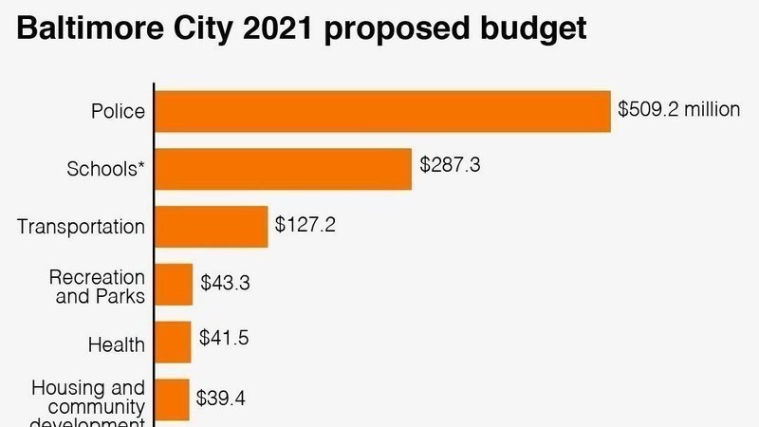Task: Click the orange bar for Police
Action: [x=381, y=111]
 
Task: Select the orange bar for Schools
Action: [x=283, y=169]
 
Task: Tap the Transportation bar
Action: [x=211, y=227]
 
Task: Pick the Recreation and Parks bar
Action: [x=174, y=285]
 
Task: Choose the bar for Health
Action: [x=173, y=342]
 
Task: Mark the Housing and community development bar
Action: [x=172, y=399]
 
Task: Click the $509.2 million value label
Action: [x=678, y=108]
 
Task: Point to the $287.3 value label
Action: [x=451, y=165]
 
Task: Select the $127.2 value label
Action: [x=305, y=225]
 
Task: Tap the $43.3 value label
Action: [x=225, y=282]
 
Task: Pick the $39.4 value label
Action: [x=221, y=398]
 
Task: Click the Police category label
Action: [x=118, y=112]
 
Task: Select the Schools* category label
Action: [x=105, y=170]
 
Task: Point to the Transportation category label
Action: [x=81, y=227]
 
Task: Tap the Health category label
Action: [x=116, y=344]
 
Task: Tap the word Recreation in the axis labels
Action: [x=97, y=277]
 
